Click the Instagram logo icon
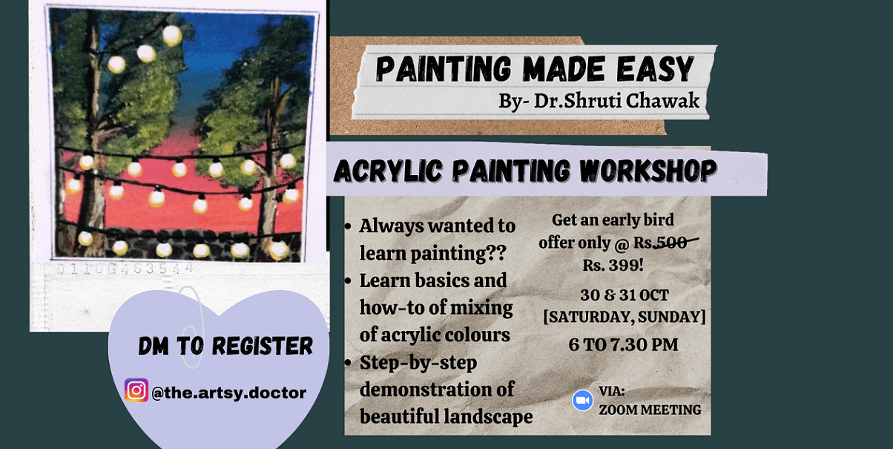point(136,390)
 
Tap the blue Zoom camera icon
point(582,401)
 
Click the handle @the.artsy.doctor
point(228,393)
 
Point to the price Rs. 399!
point(613,263)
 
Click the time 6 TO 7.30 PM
point(623,344)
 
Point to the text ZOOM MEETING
point(650,409)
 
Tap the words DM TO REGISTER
point(225,346)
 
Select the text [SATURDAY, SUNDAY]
point(624,317)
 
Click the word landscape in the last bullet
point(487,416)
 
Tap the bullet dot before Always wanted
point(349,226)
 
